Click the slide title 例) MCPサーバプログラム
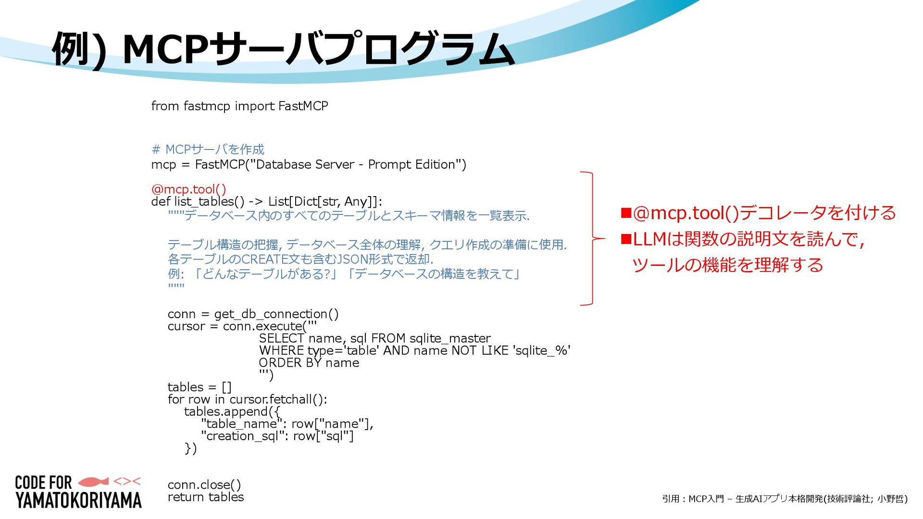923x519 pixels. click(284, 49)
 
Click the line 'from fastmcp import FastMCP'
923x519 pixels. click(239, 106)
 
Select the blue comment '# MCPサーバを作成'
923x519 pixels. click(208, 149)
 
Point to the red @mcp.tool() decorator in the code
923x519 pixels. click(188, 189)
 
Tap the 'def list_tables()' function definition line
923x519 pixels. click(266, 201)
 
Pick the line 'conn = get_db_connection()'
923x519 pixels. click(253, 314)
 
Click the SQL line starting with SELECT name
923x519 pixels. click(374, 338)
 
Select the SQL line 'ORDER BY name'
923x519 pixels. click(309, 363)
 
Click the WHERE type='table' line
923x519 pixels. click(414, 350)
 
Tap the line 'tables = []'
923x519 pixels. click(200, 387)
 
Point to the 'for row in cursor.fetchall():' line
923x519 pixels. click(247, 399)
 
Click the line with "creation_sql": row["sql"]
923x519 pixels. click(277, 436)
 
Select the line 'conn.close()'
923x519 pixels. click(204, 484)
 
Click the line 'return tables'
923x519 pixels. click(206, 497)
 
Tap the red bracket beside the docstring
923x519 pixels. click(591, 238)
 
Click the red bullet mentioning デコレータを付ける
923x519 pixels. click(759, 213)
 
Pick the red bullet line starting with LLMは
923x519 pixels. click(743, 239)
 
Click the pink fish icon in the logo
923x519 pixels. click(93, 481)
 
